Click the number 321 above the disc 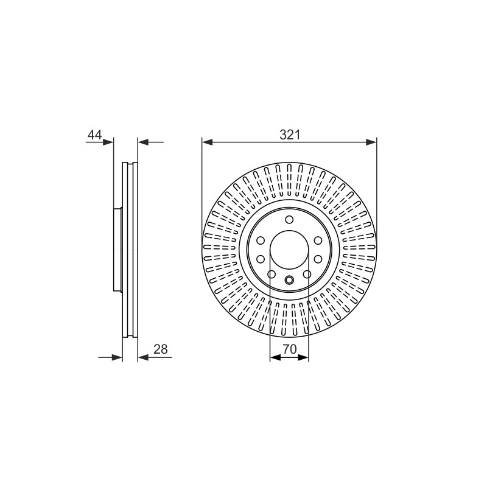tap(290, 135)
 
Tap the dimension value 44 tap(95, 135)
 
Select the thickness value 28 tap(161, 349)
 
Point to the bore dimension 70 tap(290, 349)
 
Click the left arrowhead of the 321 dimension tap(207, 142)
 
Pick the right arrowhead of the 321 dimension tap(371, 142)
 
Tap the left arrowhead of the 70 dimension tap(275, 357)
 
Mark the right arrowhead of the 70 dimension tap(303, 357)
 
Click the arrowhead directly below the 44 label tap(108, 142)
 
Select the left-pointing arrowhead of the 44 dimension tap(143, 142)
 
